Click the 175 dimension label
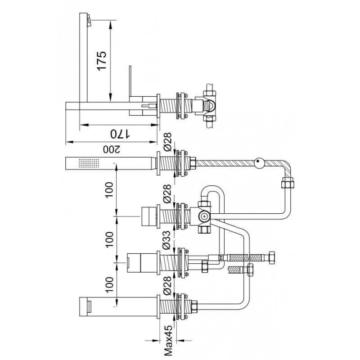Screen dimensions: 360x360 (x=102, y=61)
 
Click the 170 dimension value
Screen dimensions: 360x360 (x=120, y=134)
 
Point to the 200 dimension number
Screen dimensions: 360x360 (x=112, y=149)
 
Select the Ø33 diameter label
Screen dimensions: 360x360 (x=167, y=240)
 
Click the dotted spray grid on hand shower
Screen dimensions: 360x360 (x=89, y=163)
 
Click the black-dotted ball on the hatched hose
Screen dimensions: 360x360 (x=260, y=163)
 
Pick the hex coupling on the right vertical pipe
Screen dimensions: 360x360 (x=288, y=183)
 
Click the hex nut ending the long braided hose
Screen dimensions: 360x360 (x=271, y=257)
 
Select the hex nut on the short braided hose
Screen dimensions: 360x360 (x=250, y=270)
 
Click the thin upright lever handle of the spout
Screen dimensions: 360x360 (x=130, y=81)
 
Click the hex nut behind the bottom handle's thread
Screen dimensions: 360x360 (x=194, y=306)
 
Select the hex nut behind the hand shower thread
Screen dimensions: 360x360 (x=193, y=163)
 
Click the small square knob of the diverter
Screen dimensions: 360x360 (x=148, y=216)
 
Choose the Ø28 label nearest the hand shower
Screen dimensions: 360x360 (x=167, y=142)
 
